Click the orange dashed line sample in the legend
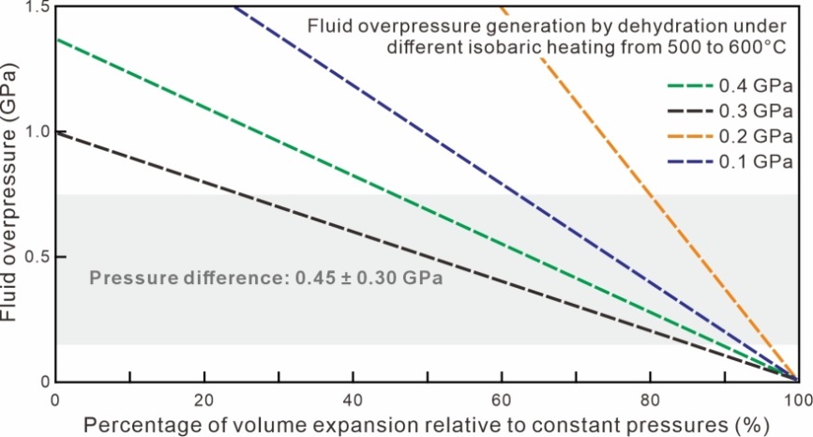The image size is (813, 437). coord(688,136)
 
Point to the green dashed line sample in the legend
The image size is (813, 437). coord(688,86)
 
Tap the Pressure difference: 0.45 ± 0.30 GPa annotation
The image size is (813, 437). coord(265,278)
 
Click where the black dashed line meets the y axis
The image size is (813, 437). coord(56,132)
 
